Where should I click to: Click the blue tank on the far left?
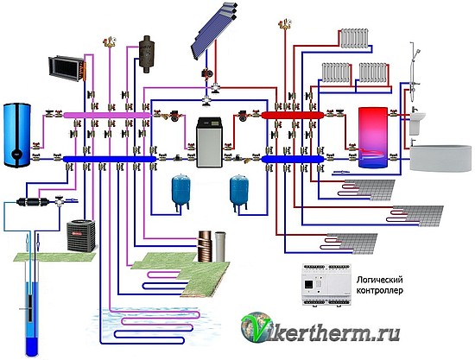(x=17, y=135)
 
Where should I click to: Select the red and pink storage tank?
(x=373, y=137)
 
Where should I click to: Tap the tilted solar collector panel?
(x=213, y=31)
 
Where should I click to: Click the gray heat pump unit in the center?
(x=209, y=142)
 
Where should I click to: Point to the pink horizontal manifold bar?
(x=107, y=115)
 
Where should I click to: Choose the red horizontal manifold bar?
(x=293, y=115)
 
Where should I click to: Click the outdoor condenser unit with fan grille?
(x=81, y=236)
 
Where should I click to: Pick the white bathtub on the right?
(x=440, y=158)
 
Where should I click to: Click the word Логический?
(x=380, y=280)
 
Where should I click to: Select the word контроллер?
(x=380, y=291)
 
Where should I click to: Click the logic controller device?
(x=326, y=284)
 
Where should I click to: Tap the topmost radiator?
(x=354, y=38)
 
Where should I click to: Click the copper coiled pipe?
(x=206, y=246)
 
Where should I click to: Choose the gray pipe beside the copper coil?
(x=220, y=247)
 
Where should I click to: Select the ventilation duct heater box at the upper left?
(x=67, y=69)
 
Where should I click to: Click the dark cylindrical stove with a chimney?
(x=147, y=54)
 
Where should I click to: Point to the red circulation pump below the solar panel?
(x=207, y=73)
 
